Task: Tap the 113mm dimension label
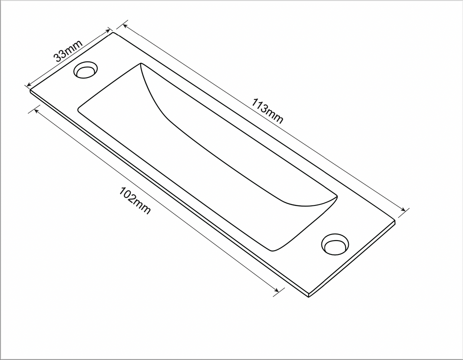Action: [267, 111]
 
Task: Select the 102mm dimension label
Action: [135, 200]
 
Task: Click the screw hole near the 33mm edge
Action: [85, 69]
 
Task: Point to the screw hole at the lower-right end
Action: [334, 244]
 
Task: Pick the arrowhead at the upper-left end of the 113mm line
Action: [125, 25]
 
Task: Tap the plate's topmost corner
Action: [113, 33]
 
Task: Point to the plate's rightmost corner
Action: [395, 221]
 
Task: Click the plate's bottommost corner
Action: [308, 297]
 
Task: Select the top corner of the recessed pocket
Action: [141, 64]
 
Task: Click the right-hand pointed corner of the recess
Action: [337, 196]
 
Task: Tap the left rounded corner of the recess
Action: [79, 110]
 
